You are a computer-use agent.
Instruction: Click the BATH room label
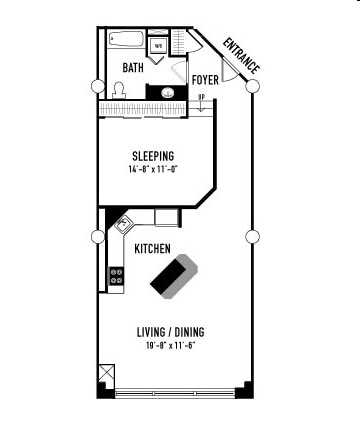point(133,68)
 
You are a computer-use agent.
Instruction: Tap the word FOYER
point(205,78)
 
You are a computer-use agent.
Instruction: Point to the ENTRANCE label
point(241,56)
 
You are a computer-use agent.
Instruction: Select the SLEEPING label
point(153,156)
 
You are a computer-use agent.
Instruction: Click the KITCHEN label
point(152,249)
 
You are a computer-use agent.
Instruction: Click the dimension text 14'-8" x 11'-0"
point(153,170)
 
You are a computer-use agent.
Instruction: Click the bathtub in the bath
point(126,41)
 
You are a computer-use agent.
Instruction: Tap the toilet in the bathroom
point(118,89)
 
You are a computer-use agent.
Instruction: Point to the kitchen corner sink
point(125,224)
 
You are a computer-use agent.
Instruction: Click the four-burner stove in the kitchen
point(116,275)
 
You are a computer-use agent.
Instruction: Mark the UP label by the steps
point(201,97)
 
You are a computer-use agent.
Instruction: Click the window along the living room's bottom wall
point(176,391)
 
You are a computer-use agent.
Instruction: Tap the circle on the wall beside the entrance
point(252,86)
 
